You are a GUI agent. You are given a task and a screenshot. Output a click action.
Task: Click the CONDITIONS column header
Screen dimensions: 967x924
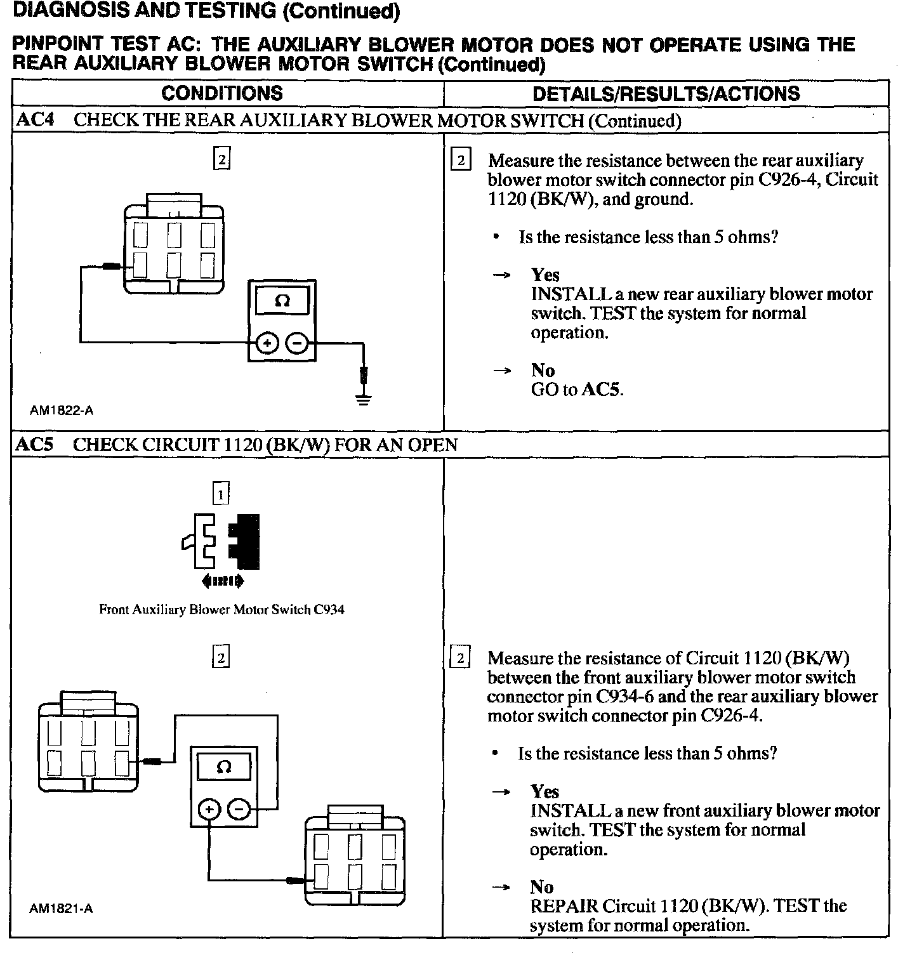pos(221,93)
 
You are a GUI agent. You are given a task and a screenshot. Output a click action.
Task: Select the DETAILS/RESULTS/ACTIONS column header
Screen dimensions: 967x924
pos(666,94)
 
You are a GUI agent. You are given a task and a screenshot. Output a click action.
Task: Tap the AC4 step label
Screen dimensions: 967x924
pos(34,120)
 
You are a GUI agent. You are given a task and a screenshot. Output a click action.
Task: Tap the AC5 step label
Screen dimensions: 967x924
pos(34,444)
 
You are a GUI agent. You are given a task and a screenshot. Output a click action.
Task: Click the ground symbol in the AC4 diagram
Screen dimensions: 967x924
pos(363,400)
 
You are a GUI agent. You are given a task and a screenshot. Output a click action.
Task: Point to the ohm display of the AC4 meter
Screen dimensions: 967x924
pos(282,301)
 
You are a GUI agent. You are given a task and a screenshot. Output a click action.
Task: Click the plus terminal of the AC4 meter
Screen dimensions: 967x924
pos(267,344)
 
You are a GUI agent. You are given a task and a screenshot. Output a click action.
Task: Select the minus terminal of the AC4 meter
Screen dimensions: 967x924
pos(297,344)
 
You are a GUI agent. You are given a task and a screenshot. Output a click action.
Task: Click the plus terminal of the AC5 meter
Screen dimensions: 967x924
pos(209,809)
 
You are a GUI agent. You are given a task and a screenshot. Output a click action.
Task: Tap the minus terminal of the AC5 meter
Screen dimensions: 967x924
pos(239,809)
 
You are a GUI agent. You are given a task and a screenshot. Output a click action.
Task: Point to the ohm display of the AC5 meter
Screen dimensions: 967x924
pos(224,767)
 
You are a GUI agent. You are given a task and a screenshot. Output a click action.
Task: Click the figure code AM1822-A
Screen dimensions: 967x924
pos(61,411)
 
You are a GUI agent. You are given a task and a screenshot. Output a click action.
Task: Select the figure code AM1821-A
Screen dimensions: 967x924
pos(61,909)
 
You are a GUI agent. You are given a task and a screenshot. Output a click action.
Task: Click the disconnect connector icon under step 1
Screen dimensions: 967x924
pos(221,541)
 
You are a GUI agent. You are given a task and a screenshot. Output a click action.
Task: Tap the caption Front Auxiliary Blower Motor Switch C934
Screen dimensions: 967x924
pos(221,610)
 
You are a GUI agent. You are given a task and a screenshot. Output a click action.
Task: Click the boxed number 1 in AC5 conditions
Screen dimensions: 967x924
pos(220,493)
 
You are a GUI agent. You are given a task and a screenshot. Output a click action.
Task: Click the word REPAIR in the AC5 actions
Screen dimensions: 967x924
pos(564,906)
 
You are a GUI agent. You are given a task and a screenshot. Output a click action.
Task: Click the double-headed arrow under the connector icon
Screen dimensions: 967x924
pos(221,580)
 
